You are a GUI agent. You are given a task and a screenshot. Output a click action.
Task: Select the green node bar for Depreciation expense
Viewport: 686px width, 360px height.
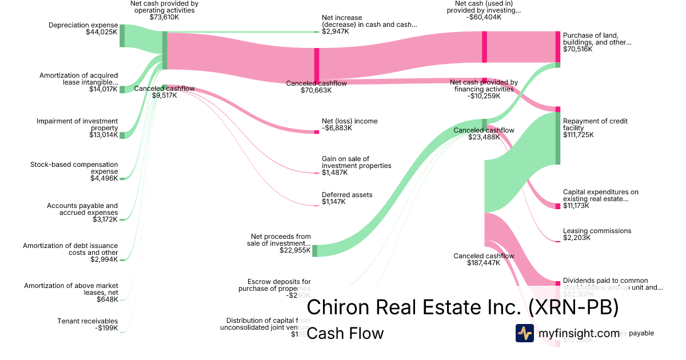click(122, 35)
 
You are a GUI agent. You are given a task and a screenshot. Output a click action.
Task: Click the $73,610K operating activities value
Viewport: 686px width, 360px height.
click(164, 17)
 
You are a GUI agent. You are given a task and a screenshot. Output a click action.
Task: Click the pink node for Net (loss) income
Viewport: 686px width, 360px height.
click(316, 132)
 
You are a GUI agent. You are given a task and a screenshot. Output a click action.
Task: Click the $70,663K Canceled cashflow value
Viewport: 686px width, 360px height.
click(316, 90)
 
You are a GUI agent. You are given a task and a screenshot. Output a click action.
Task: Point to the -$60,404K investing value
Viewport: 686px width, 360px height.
click(484, 17)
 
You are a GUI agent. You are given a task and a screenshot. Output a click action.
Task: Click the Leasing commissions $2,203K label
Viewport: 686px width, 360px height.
click(597, 234)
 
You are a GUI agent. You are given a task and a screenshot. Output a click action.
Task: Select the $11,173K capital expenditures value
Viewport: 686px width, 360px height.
click(578, 206)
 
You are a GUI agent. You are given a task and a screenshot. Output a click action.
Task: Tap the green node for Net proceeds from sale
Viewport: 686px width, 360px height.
click(314, 250)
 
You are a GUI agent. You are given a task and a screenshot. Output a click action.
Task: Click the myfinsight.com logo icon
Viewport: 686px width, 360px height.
click(524, 333)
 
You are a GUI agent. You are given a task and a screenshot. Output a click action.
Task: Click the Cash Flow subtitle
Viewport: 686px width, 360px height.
click(345, 333)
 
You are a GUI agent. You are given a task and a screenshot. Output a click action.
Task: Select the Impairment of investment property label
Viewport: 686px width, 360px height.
click(77, 125)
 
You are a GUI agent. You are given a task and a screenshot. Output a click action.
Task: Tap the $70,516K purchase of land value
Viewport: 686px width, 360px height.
click(578, 49)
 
